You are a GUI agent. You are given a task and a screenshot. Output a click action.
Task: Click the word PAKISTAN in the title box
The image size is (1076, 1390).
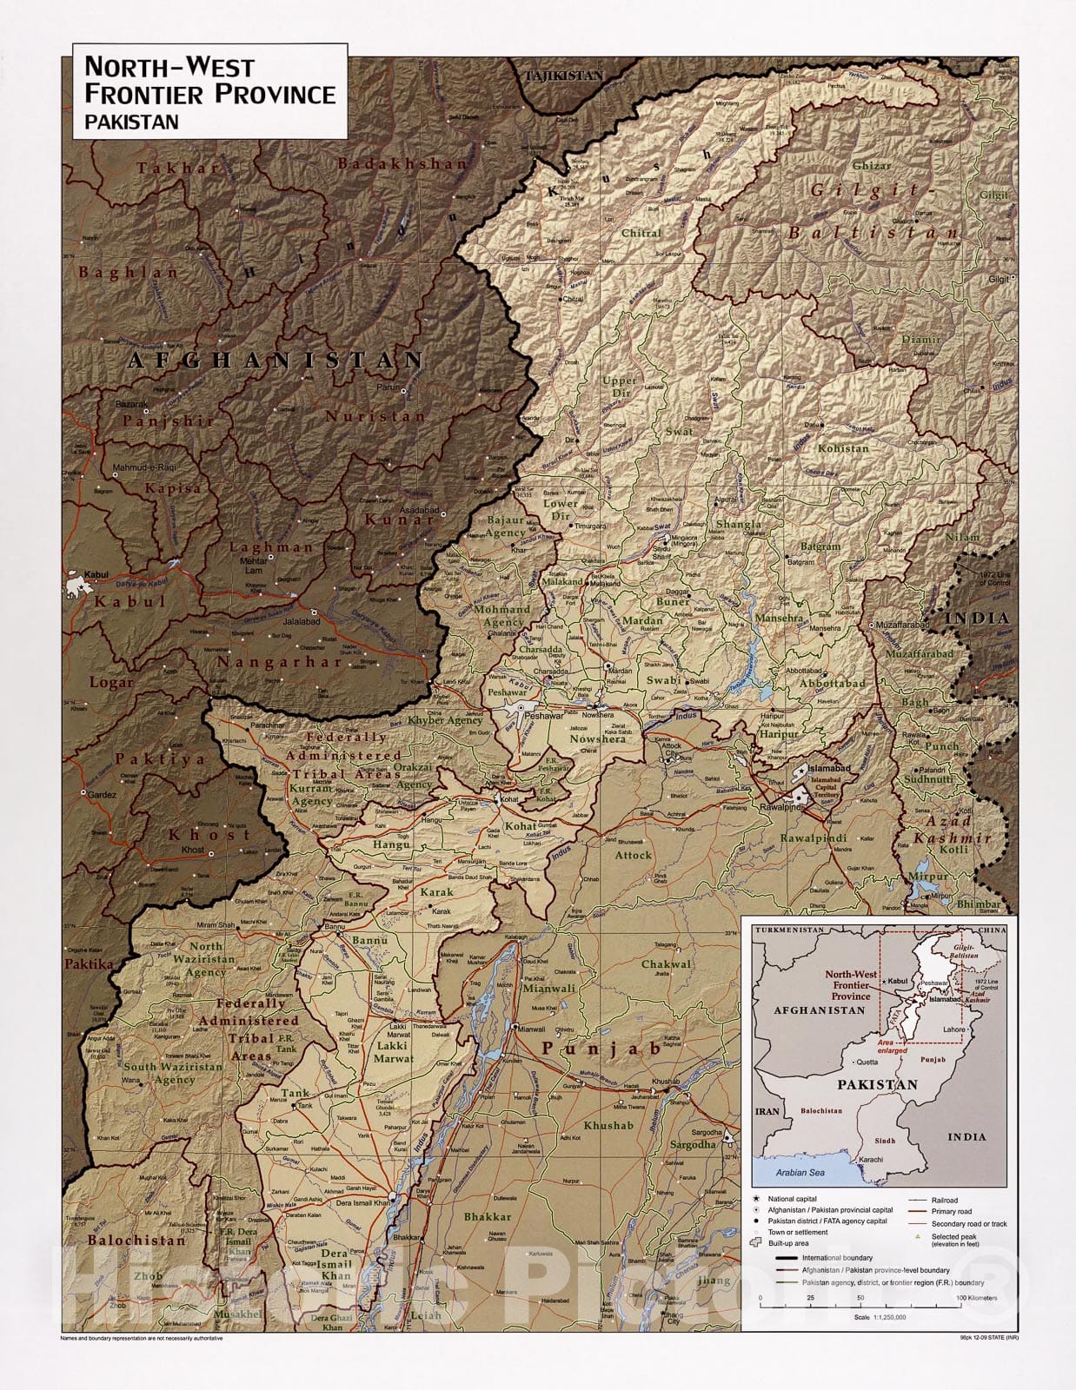pos(131,122)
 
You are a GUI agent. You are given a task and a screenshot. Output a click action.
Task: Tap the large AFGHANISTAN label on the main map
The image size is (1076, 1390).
pos(276,360)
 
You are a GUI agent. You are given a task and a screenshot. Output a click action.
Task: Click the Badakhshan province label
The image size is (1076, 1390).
pos(402,163)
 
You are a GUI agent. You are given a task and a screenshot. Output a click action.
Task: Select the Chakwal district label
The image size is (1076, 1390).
pos(667,964)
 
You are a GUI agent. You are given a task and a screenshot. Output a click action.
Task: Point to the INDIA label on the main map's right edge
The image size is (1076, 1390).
pos(978,619)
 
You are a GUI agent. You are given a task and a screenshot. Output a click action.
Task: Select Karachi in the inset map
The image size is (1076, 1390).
pos(871,1159)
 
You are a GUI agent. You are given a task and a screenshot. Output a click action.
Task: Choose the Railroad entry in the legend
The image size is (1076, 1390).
pos(944,1200)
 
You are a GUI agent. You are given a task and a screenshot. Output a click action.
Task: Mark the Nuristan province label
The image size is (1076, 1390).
pos(375,416)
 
